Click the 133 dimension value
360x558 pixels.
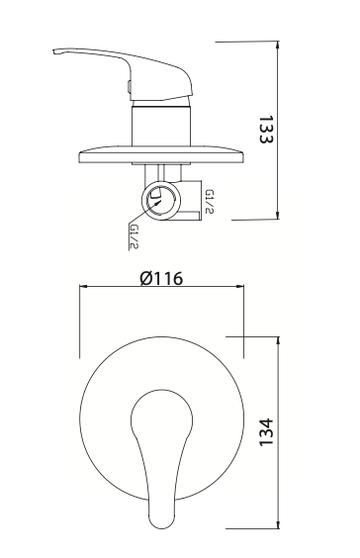pos(264,129)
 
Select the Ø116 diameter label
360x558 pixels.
pos(163,278)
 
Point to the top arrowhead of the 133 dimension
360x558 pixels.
pos(280,45)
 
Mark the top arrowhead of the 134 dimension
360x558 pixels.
pos(280,339)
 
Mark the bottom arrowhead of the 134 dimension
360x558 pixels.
pos(280,526)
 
